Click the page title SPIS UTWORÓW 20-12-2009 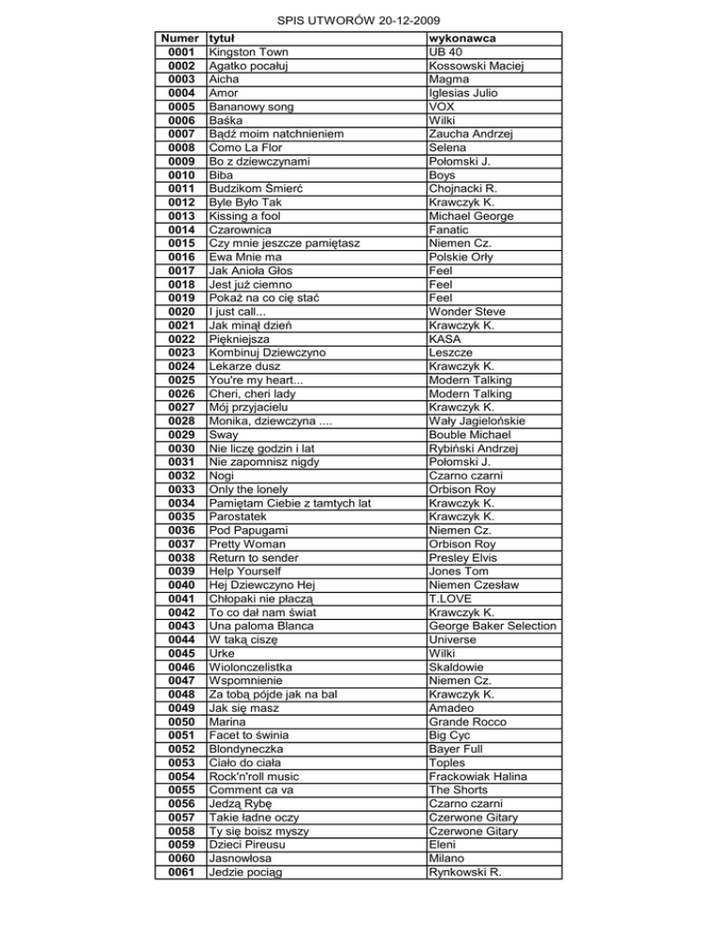tap(359, 20)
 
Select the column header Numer tap(178, 38)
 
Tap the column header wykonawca tap(462, 38)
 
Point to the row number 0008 tap(178, 148)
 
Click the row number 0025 tap(178, 380)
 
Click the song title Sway tap(224, 435)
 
